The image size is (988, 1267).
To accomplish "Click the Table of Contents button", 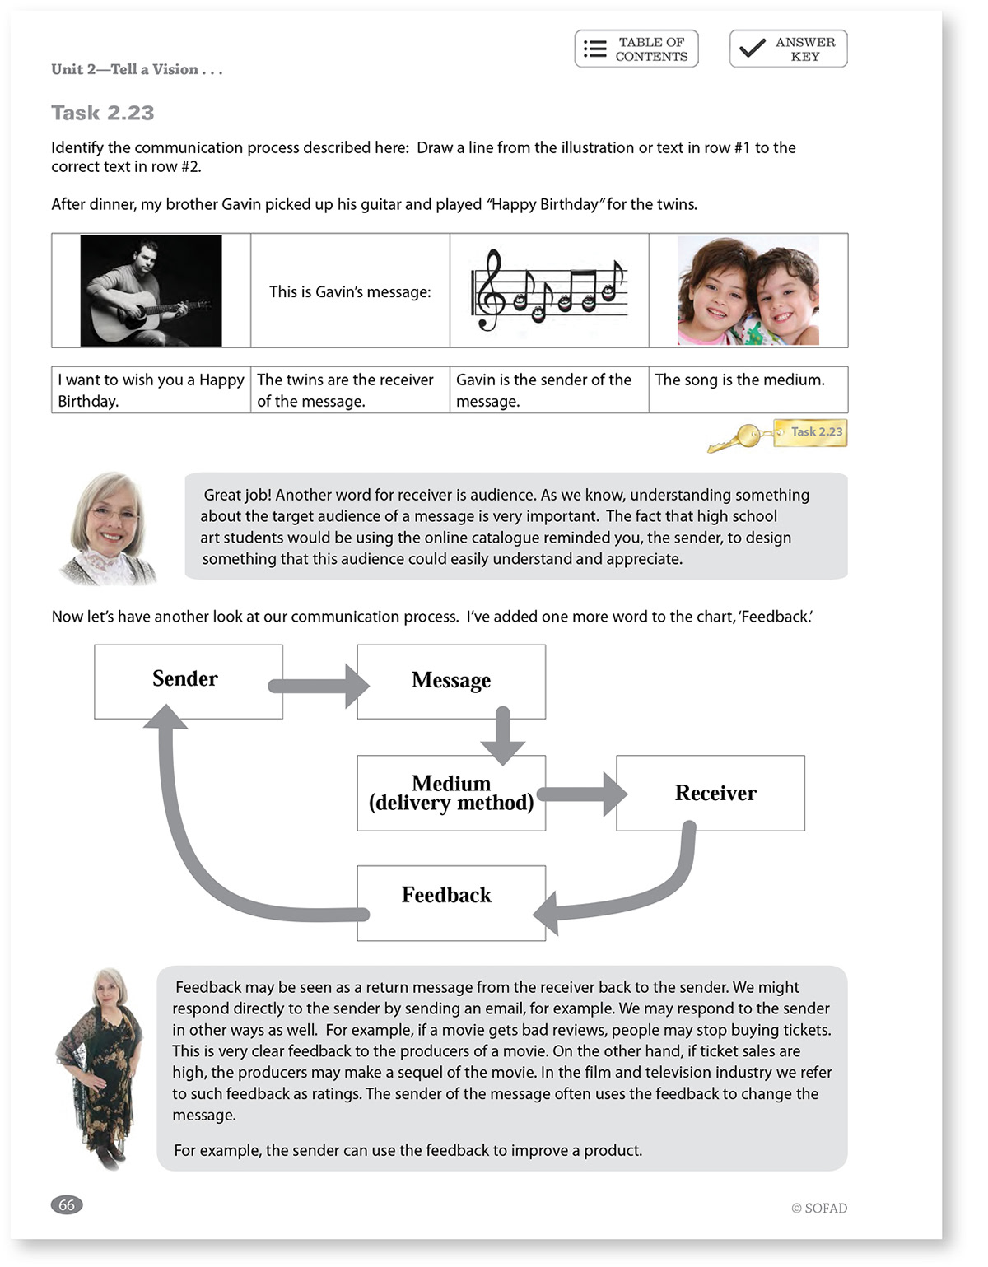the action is point(636,49).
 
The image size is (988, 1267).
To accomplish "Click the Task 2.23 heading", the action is point(103,113).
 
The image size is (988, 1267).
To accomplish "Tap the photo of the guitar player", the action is point(151,291).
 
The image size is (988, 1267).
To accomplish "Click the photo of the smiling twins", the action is point(748,291).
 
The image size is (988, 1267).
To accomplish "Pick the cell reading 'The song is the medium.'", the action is point(748,389).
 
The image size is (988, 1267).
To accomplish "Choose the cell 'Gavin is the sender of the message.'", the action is point(549,389).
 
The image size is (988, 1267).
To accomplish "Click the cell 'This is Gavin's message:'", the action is point(350,291).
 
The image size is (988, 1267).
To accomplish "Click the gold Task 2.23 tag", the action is point(810,433).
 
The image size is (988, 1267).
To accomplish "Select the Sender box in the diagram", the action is point(189,682).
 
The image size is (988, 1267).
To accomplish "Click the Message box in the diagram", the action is point(451,682).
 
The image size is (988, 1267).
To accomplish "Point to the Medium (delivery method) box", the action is point(451,793).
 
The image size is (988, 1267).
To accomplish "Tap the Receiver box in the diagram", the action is point(711,793).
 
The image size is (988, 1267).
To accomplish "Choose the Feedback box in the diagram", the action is point(451,903).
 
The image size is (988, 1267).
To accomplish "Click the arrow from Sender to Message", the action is point(319,687).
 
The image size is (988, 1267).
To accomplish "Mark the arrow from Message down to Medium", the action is point(502,736).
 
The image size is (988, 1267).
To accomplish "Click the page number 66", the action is point(67,1204).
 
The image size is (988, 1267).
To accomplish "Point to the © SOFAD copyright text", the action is point(819,1208).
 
